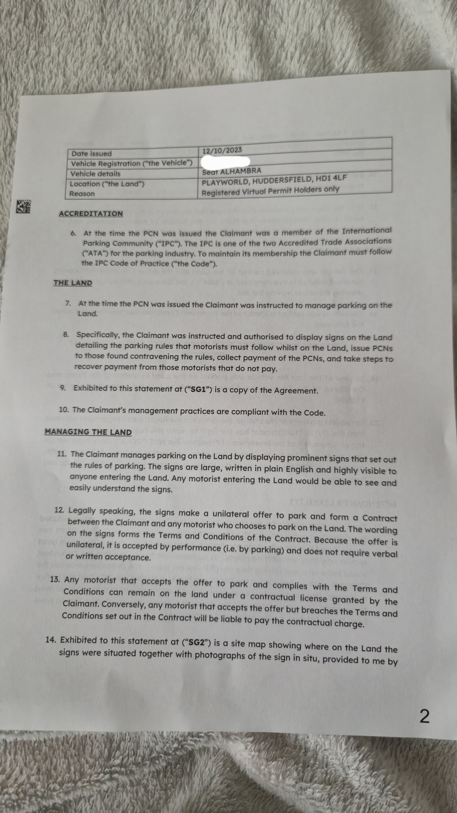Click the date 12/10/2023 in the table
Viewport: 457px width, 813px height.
(x=222, y=150)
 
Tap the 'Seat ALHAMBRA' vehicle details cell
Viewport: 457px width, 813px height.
(x=232, y=172)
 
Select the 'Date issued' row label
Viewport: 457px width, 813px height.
(x=91, y=154)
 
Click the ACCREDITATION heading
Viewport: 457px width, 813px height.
(x=91, y=214)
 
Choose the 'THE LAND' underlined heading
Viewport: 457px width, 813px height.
(x=73, y=283)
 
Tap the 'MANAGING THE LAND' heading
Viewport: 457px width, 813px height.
(x=88, y=432)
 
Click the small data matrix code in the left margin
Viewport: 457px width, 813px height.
(x=24, y=207)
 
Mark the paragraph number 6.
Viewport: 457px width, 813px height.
(x=73, y=234)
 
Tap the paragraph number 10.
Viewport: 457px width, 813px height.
(x=64, y=410)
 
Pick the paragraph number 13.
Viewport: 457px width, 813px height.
(x=55, y=580)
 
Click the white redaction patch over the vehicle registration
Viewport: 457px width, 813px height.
(x=225, y=161)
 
